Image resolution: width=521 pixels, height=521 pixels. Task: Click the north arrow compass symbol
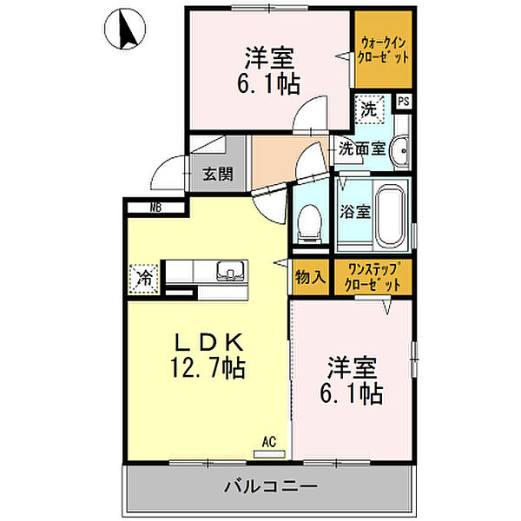pyautogui.click(x=125, y=29)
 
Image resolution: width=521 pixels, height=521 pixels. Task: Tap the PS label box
pyautogui.click(x=404, y=101)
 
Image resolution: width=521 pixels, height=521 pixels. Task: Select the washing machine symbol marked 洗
pyautogui.click(x=369, y=109)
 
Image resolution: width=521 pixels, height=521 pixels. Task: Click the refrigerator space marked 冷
pyautogui.click(x=143, y=279)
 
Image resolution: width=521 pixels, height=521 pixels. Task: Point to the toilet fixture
pyautogui.click(x=309, y=223)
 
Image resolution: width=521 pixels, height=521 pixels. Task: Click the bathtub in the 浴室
pyautogui.click(x=391, y=214)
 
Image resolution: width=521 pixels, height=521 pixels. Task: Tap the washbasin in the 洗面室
pyautogui.click(x=400, y=151)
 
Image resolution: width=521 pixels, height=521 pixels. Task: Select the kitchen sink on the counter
pyautogui.click(x=231, y=270)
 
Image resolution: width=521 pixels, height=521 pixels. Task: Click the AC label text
pyautogui.click(x=269, y=442)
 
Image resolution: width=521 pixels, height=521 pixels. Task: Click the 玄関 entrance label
pyautogui.click(x=218, y=175)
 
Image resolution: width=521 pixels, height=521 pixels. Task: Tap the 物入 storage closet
pyautogui.click(x=311, y=277)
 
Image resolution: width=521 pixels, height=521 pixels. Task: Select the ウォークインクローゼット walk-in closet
pyautogui.click(x=384, y=49)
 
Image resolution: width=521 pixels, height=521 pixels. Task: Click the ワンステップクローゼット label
pyautogui.click(x=373, y=277)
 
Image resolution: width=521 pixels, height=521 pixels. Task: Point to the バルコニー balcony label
pyautogui.click(x=270, y=487)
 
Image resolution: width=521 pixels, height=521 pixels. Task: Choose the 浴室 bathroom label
pyautogui.click(x=354, y=211)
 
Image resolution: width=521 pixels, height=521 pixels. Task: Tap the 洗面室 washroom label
pyautogui.click(x=361, y=149)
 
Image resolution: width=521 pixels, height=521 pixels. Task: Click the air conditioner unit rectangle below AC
pyautogui.click(x=269, y=454)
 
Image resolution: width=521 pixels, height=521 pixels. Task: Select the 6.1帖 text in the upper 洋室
pyautogui.click(x=268, y=83)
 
